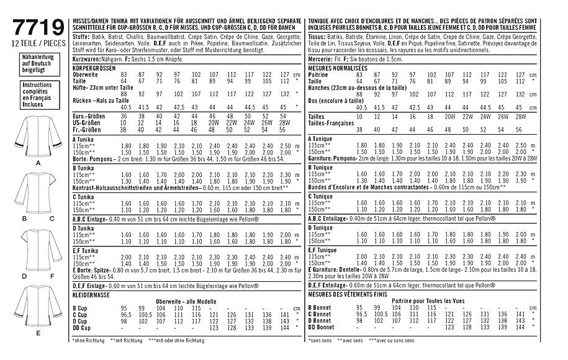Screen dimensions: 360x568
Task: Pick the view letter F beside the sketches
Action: click(53, 274)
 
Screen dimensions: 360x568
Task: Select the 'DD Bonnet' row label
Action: click(322, 326)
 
